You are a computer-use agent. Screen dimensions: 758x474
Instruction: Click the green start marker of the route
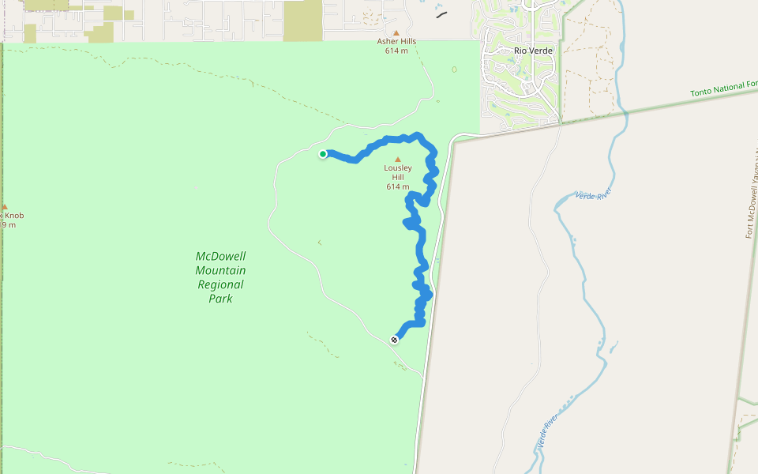323,154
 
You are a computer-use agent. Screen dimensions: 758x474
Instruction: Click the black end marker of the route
394,340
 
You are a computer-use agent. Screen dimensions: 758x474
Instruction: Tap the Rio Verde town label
533,51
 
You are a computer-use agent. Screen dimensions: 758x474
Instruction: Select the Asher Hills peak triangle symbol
396,32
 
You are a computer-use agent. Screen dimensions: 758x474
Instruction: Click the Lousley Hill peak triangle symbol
397,159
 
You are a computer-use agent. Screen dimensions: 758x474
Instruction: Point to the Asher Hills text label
396,42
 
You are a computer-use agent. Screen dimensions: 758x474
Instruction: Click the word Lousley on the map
398,168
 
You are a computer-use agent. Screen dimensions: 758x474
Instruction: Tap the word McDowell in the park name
221,257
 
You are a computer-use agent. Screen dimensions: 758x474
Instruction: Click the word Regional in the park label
221,285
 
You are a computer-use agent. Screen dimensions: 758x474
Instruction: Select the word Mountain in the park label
221,271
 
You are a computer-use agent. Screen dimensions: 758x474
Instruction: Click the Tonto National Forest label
723,92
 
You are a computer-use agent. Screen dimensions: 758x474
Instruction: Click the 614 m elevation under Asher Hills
396,51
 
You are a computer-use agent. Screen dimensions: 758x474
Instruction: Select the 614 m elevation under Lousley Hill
398,187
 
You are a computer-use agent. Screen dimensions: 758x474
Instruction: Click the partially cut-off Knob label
13,216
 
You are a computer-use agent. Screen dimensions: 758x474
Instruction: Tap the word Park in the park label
221,299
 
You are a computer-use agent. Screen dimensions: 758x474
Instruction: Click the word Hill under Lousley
398,178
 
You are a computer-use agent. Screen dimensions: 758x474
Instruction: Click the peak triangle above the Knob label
4,207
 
